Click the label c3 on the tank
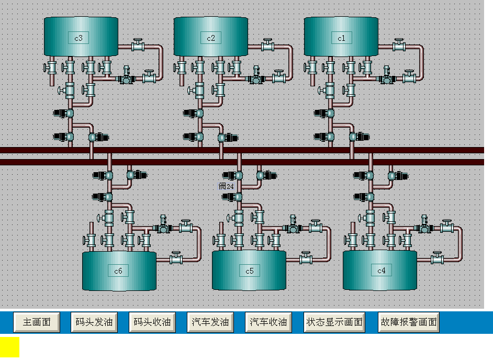click(x=79, y=38)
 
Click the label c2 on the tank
click(x=211, y=38)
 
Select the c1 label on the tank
click(x=341, y=38)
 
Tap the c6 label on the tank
click(x=118, y=271)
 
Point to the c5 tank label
click(x=249, y=271)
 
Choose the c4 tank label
click(x=380, y=271)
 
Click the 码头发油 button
click(x=94, y=322)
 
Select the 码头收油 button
click(x=152, y=322)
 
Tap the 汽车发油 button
click(x=211, y=322)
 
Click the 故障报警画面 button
click(x=409, y=322)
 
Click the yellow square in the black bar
click(x=9, y=347)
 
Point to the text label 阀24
click(x=226, y=186)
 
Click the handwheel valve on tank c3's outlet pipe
click(x=138, y=46)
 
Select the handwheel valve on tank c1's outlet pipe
click(x=399, y=46)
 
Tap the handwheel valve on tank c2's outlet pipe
click(x=268, y=46)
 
